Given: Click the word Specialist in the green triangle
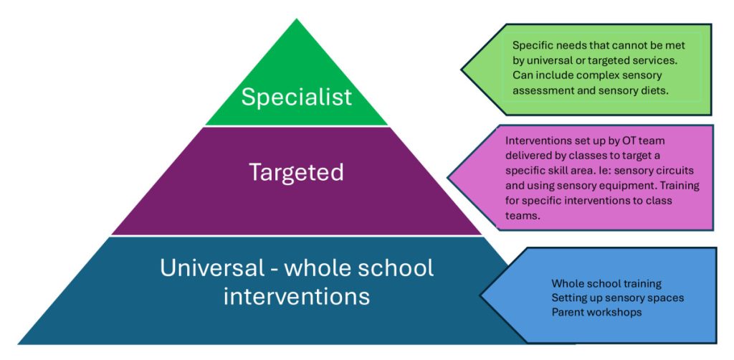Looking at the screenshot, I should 296,97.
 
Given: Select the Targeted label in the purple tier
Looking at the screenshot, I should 296,172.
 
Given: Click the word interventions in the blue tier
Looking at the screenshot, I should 296,295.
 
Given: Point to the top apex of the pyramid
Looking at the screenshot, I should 296,20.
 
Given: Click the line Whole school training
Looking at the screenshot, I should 606,284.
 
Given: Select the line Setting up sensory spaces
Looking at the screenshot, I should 617,298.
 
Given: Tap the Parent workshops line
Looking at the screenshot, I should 596,312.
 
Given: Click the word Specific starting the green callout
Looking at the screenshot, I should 531,45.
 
